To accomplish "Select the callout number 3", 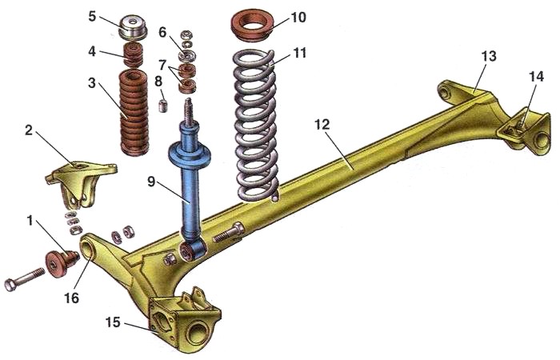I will [x=93, y=83].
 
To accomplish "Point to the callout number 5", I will [x=93, y=15].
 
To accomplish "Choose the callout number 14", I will [x=535, y=77].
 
